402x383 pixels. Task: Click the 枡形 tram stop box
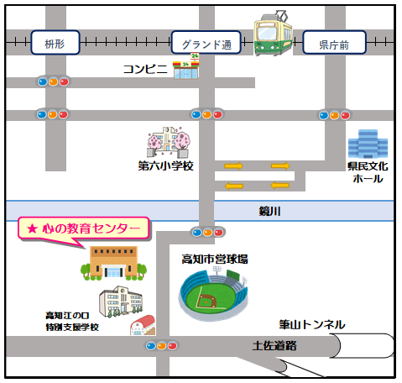(55, 43)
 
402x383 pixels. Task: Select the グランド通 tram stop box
(206, 43)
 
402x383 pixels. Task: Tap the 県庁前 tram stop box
(334, 43)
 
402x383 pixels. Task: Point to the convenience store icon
(186, 66)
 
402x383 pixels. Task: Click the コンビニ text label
(145, 69)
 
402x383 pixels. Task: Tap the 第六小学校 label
(165, 166)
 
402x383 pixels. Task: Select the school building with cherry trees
(169, 142)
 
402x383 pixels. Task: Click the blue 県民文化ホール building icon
(368, 144)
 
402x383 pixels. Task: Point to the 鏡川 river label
(269, 211)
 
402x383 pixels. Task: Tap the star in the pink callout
(32, 228)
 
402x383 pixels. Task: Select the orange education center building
(113, 263)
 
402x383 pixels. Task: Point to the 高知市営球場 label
(215, 259)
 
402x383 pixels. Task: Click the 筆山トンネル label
(312, 324)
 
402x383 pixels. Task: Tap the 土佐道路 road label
(274, 346)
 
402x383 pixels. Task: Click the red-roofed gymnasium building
(143, 325)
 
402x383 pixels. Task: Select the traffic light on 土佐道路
(162, 346)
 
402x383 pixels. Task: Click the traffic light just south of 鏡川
(208, 233)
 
